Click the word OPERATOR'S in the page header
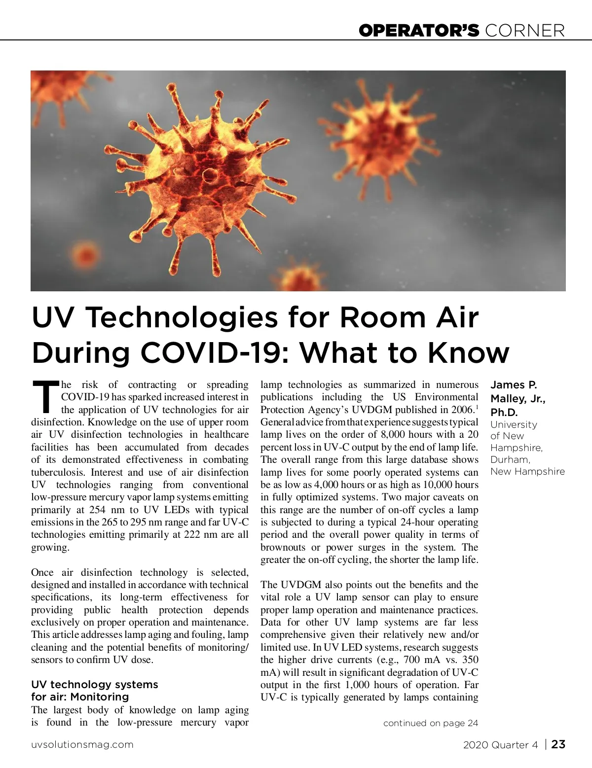pyautogui.click(x=419, y=31)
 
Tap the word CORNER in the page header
pyautogui.click(x=525, y=31)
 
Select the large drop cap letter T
pyautogui.click(x=45, y=396)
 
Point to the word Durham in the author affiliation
pyautogui.click(x=510, y=459)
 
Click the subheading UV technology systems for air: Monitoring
pyautogui.click(x=94, y=690)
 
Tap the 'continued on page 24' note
pyautogui.click(x=430, y=723)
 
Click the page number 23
pyautogui.click(x=558, y=744)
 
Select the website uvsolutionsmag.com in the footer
pyautogui.click(x=82, y=744)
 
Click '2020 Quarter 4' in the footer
pyautogui.click(x=500, y=744)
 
